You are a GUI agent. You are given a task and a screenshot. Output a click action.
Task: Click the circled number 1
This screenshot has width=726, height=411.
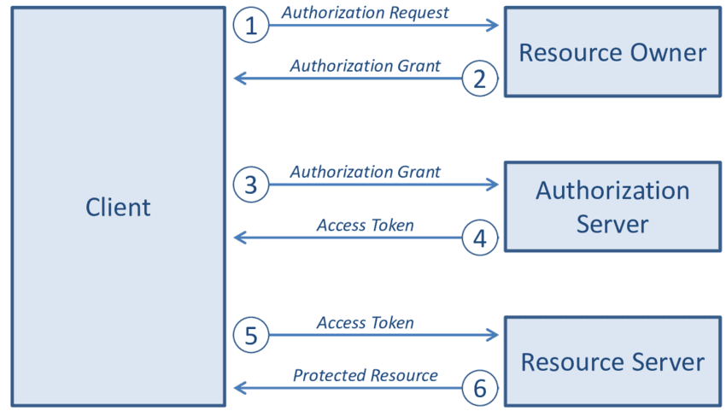tap(250, 26)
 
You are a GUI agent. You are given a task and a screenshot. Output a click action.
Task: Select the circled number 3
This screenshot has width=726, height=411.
tap(250, 185)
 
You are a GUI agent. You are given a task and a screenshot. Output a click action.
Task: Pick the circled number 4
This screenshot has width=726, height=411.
tap(479, 238)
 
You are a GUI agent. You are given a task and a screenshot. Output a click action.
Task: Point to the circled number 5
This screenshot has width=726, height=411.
tap(250, 335)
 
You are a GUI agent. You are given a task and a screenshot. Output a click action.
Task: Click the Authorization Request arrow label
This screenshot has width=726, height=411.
tap(366, 13)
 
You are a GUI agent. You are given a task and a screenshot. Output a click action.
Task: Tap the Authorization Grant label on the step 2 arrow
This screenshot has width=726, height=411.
tap(366, 66)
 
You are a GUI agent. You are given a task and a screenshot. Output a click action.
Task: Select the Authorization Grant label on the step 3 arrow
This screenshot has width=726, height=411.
tap(366, 172)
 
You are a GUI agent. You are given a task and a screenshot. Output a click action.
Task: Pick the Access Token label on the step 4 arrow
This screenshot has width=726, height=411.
tap(366, 226)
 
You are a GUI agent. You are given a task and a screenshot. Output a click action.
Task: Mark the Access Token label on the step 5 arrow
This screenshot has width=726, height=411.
tap(366, 323)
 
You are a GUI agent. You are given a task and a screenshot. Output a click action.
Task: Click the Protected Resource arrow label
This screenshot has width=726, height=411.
tap(366, 376)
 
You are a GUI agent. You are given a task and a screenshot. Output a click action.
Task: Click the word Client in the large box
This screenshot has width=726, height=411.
tap(118, 207)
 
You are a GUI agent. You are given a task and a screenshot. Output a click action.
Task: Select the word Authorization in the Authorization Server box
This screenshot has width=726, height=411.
tap(612, 191)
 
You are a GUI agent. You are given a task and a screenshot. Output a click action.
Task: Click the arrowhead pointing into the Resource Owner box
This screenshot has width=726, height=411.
tap(493, 26)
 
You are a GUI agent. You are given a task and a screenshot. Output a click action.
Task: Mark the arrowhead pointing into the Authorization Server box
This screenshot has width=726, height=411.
tap(493, 185)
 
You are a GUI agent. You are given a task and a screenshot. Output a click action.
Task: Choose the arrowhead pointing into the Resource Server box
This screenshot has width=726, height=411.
tap(493, 335)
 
